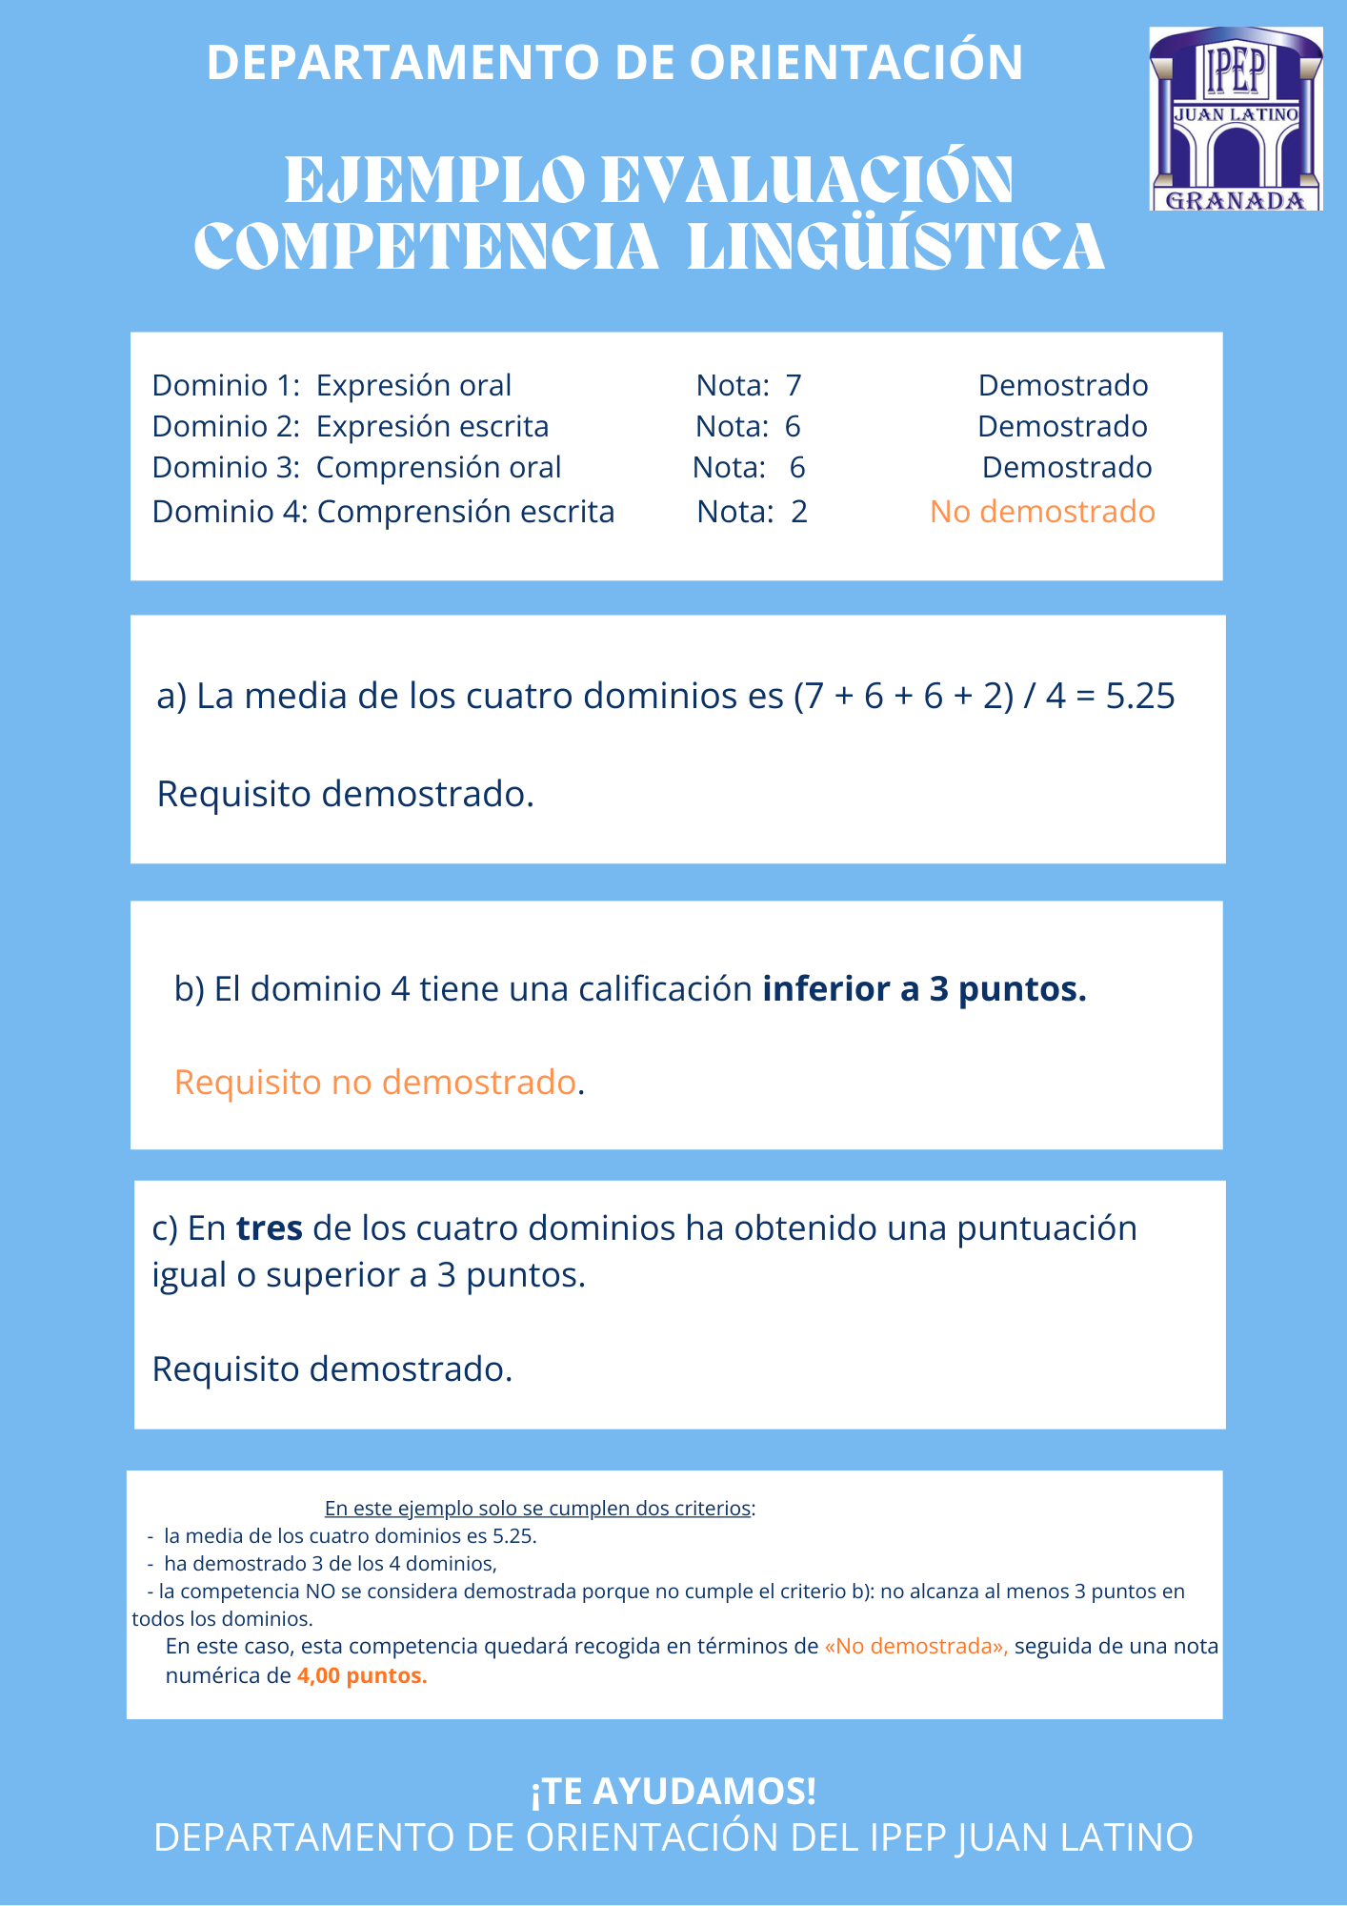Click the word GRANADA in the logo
(x=1236, y=200)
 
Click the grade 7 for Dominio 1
(x=794, y=386)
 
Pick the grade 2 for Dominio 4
(x=799, y=512)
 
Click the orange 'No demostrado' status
(x=1042, y=512)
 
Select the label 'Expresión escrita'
(x=432, y=427)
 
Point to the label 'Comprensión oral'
(x=438, y=468)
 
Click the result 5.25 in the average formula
(x=1140, y=697)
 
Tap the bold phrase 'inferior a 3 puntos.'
(x=924, y=989)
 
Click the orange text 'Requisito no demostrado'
(x=375, y=1083)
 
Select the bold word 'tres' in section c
(x=270, y=1228)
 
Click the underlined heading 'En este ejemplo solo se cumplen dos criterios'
(x=538, y=1509)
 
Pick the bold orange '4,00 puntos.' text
(x=362, y=1675)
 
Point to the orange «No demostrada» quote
(x=915, y=1647)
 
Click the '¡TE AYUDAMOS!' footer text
(x=673, y=1792)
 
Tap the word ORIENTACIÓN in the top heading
(x=855, y=63)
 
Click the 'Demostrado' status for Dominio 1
(x=1063, y=386)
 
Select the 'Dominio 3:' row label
(x=227, y=468)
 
